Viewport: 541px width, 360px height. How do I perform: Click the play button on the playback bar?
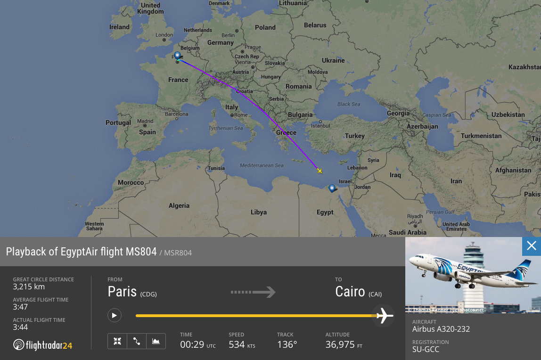(115, 315)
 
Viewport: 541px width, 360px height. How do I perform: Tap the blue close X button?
(532, 246)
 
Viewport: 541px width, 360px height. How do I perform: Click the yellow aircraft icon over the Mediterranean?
(320, 171)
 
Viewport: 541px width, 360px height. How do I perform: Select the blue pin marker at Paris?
(177, 56)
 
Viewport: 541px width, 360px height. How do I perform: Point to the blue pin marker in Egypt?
(332, 189)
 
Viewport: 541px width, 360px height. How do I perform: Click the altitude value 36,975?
(340, 344)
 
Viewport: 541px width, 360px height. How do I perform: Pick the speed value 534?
(237, 344)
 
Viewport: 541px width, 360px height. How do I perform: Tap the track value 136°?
(287, 344)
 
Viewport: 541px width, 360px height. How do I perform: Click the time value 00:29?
(191, 344)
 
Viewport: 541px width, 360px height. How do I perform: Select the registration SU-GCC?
(426, 350)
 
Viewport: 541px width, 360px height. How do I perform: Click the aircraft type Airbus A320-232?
(441, 329)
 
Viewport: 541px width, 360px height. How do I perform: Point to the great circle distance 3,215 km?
(29, 286)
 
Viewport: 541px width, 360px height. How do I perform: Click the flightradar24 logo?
(43, 345)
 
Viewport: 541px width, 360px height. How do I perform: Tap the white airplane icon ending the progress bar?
(384, 315)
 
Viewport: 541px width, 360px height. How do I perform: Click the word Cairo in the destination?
(350, 292)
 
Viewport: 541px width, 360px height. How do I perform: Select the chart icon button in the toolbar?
(156, 341)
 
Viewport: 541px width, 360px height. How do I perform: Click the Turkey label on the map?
(354, 136)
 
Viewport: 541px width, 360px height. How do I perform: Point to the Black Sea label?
(348, 104)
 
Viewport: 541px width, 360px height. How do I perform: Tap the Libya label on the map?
(259, 212)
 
